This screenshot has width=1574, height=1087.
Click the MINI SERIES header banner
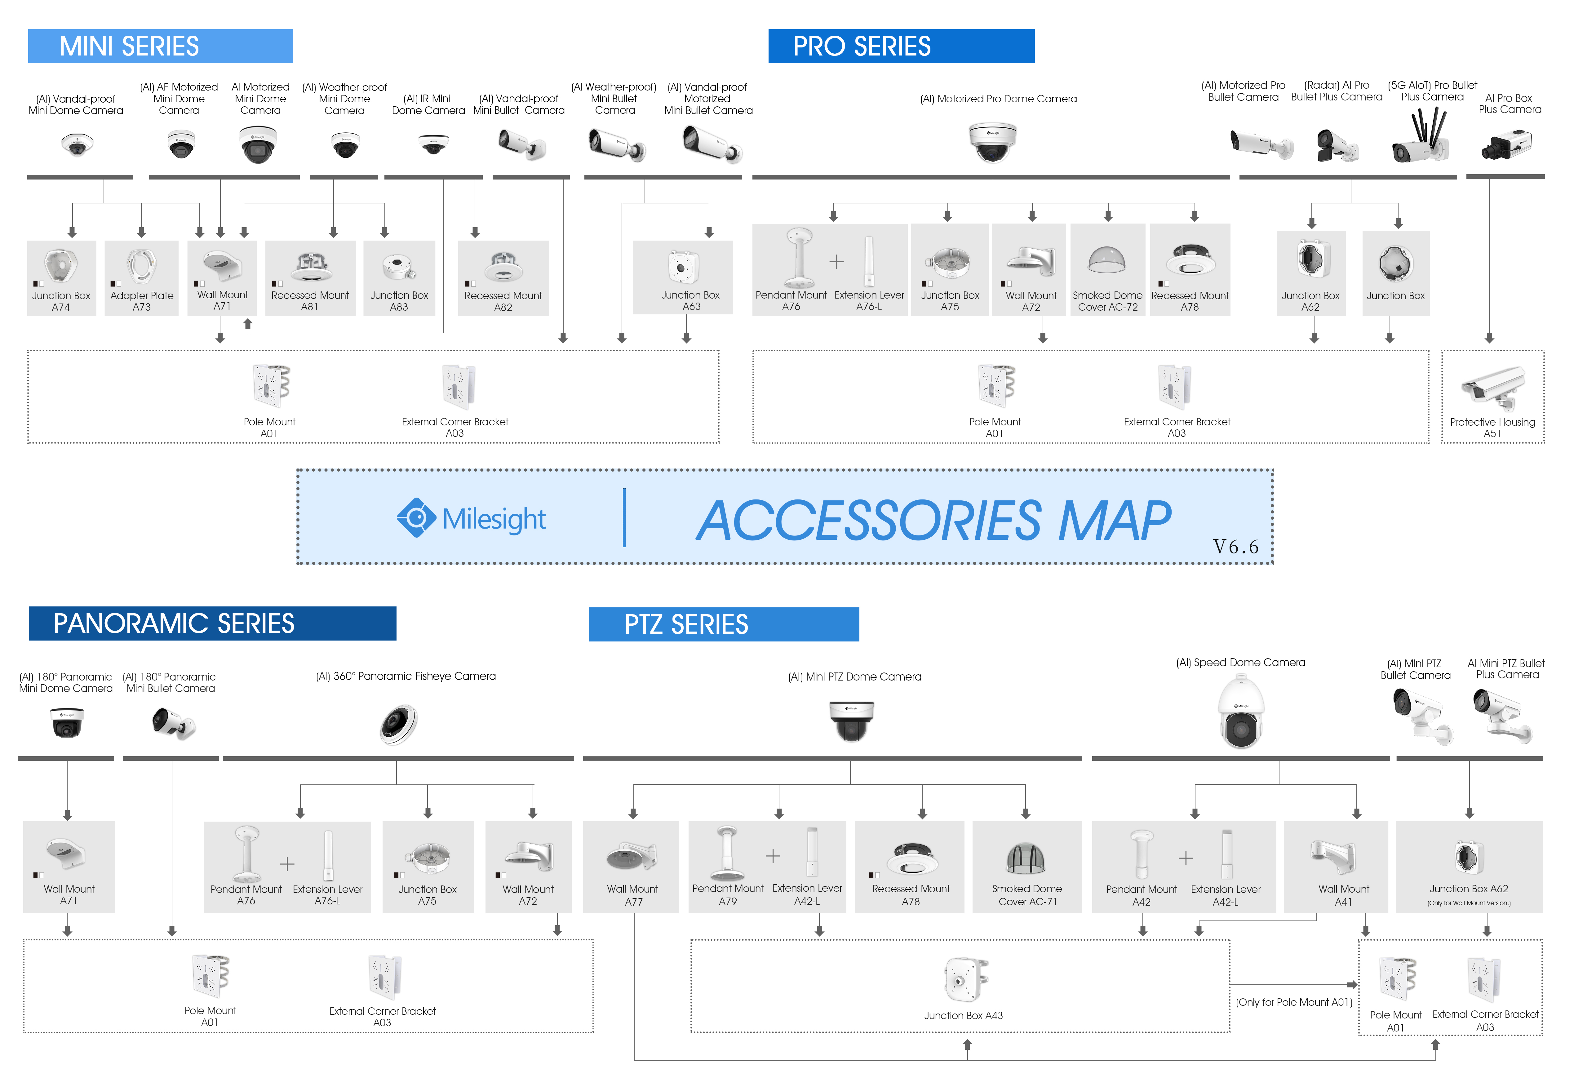160,46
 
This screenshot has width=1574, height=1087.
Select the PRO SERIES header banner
901,46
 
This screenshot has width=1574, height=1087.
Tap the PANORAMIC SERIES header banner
212,623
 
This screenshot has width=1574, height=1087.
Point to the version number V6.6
1235,546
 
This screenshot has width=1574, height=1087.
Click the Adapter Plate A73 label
142,301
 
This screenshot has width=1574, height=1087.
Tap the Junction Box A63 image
683,267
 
